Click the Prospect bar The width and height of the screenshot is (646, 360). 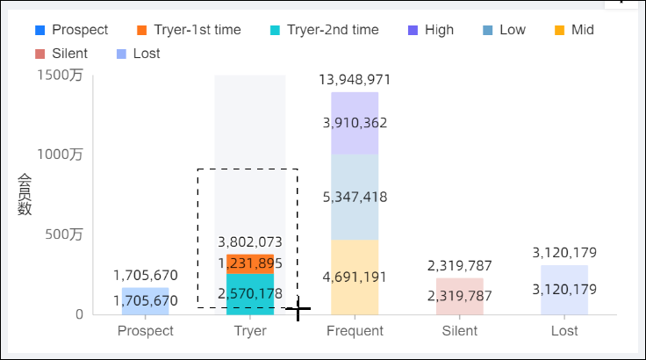[146, 301]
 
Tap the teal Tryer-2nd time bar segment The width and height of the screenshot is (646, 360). [250, 293]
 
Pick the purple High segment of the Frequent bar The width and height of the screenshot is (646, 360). [355, 123]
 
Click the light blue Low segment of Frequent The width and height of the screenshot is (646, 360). [355, 197]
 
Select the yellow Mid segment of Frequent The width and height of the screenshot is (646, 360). [355, 277]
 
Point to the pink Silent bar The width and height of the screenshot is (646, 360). [459, 296]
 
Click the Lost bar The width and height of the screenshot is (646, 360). [564, 290]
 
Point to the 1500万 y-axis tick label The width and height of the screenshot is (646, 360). [61, 76]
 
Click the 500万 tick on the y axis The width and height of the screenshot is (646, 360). [65, 234]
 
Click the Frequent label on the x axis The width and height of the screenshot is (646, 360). [355, 331]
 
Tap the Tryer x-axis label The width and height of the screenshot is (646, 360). [250, 331]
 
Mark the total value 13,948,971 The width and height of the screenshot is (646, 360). [355, 80]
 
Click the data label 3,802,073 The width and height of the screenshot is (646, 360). [250, 241]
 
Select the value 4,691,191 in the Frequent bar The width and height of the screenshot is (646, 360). [355, 277]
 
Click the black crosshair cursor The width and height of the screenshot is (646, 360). [298, 309]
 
